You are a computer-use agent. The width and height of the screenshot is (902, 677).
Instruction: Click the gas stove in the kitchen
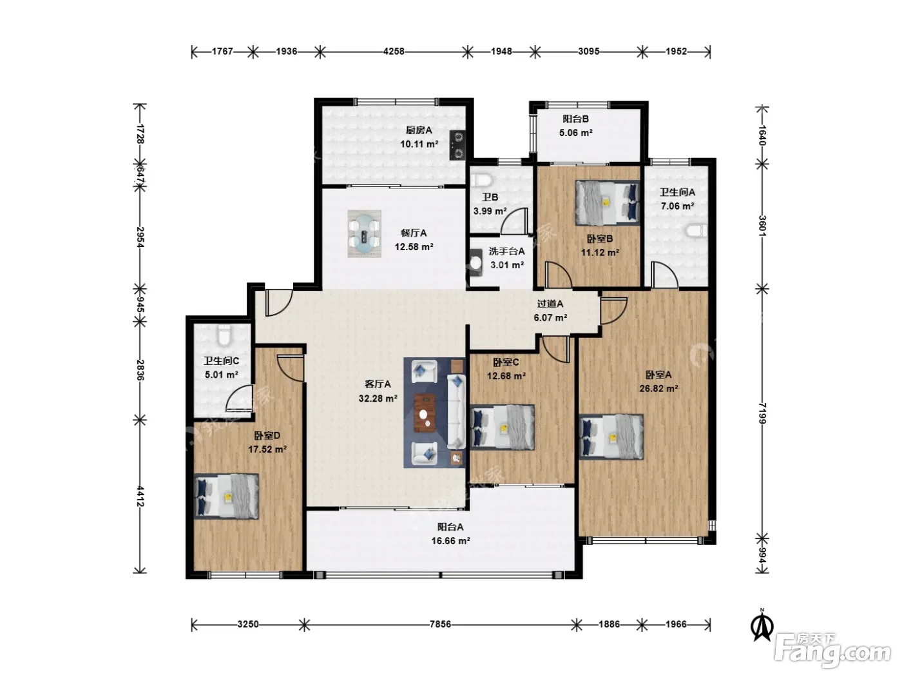[x=457, y=145]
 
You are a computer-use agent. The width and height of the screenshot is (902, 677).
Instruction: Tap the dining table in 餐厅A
[x=364, y=234]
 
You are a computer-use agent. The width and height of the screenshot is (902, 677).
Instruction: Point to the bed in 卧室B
[x=608, y=202]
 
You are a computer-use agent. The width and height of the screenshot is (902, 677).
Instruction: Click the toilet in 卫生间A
[x=696, y=231]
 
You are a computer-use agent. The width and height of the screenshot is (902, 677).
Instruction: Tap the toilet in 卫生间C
[x=223, y=335]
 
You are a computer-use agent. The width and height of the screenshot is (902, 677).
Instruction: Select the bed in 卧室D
[x=226, y=496]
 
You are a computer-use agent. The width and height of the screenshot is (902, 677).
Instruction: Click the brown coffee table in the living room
[x=425, y=413]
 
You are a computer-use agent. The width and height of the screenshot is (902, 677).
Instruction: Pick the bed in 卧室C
[x=502, y=427]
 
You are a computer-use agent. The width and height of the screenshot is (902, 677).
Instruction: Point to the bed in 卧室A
[x=611, y=437]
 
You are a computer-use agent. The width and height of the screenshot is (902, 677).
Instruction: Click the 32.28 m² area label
[x=378, y=398]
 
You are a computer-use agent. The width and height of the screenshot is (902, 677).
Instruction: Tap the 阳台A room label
[x=450, y=527]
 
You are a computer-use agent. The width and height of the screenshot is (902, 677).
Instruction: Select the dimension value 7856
[x=440, y=624]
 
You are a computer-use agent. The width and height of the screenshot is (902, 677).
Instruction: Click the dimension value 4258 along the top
[x=394, y=52]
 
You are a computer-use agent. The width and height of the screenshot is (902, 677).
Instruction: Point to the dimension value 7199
[x=762, y=413]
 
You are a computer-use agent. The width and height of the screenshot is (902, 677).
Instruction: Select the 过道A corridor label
[x=550, y=304]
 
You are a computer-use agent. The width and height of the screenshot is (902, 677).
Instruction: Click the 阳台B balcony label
[x=575, y=119]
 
